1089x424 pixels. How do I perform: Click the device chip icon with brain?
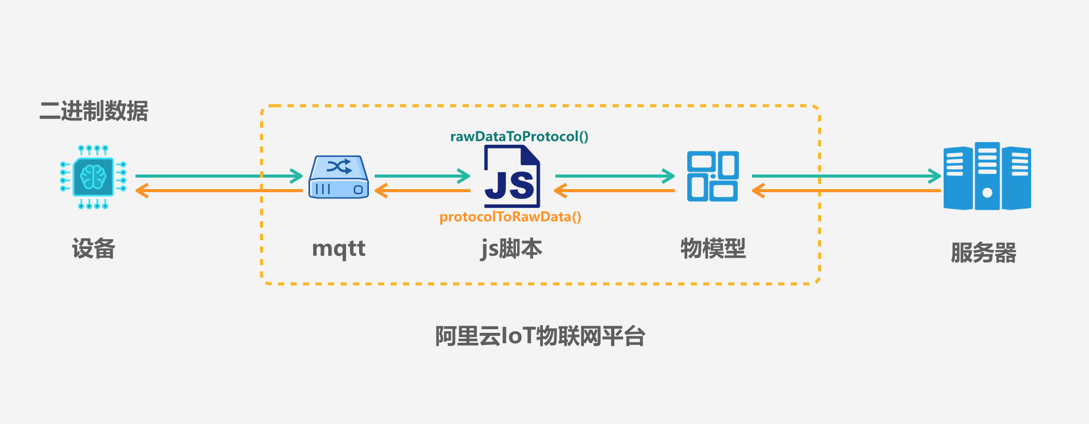(93, 177)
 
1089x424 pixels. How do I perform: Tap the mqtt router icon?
(339, 177)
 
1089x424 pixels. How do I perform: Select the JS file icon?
(512, 177)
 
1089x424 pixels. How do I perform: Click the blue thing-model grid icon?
(712, 177)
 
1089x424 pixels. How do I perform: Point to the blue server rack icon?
(987, 177)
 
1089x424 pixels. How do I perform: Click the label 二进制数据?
(94, 111)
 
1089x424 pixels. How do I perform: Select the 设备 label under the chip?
(93, 248)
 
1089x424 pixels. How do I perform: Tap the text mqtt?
(339, 248)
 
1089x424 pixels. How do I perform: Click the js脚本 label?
(512, 248)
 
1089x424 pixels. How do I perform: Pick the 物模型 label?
(713, 248)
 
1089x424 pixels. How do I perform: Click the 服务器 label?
(984, 253)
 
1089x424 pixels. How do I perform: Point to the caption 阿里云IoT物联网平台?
(540, 336)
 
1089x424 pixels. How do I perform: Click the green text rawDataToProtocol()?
(519, 136)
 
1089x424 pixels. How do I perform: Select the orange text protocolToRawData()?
(510, 217)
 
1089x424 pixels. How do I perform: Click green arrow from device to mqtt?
(219, 176)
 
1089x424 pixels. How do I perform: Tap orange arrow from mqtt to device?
(219, 191)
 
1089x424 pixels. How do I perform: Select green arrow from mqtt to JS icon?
(422, 176)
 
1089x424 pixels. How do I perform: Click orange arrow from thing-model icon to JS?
(615, 191)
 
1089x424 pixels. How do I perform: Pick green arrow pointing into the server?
(847, 176)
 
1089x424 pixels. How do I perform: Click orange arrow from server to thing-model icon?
(847, 191)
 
